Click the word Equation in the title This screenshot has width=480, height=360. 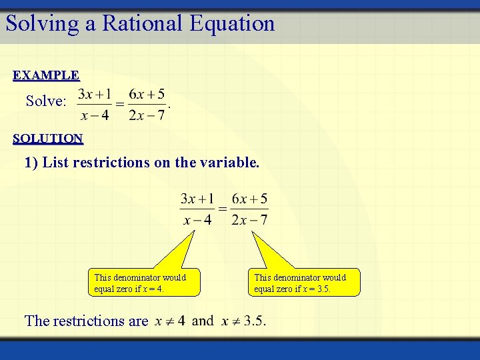coord(231,23)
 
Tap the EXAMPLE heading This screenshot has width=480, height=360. coord(46,75)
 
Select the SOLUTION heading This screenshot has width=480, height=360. coord(48,139)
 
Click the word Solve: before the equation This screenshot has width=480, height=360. coord(46,101)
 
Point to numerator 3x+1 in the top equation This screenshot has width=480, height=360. coord(95,94)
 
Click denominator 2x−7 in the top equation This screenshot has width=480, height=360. coord(146,115)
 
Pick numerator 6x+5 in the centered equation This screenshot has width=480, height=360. coord(249,199)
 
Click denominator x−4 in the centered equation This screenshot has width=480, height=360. coord(197,219)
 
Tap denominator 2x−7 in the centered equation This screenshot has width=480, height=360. coord(249,219)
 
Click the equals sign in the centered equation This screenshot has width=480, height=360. coord(223,209)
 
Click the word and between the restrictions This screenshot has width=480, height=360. coord(203,321)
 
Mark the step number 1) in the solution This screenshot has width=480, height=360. coord(31,163)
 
